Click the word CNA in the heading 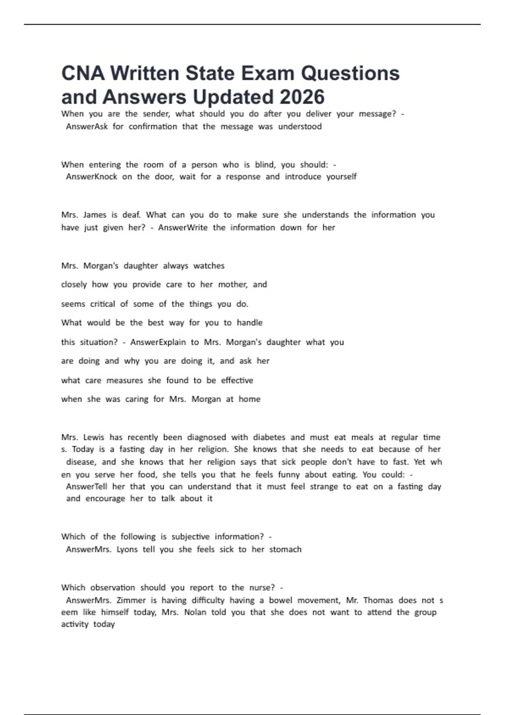83,74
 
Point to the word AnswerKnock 92,177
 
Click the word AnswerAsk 87,127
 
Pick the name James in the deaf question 95,215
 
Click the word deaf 131,215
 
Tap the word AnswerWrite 183,228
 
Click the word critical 102,304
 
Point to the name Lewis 93,437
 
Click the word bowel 280,600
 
